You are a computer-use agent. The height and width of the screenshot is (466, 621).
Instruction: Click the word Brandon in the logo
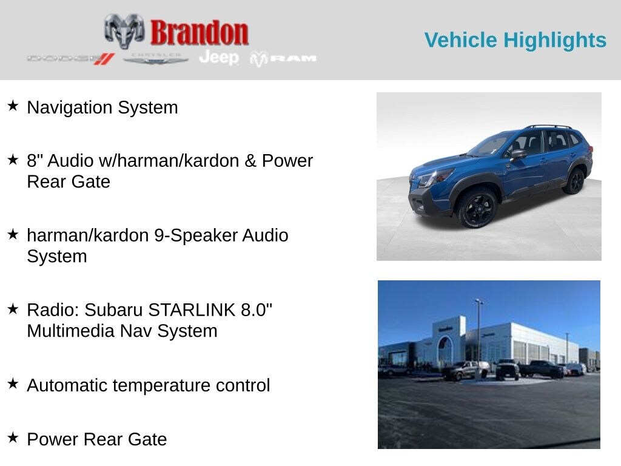tap(199, 33)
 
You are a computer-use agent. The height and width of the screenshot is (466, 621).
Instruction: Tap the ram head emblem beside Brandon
tap(124, 31)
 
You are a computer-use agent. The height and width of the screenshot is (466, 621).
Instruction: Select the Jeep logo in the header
tap(219, 58)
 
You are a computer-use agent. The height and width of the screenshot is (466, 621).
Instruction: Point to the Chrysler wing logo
tap(155, 59)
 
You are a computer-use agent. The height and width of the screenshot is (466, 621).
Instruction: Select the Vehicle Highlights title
tap(515, 40)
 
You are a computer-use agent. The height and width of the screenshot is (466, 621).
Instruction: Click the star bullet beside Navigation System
tap(13, 106)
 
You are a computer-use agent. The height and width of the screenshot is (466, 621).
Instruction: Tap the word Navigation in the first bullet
tap(69, 108)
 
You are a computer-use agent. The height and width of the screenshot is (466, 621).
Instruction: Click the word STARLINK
tap(192, 310)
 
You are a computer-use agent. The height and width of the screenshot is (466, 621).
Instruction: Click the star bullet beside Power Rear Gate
tap(13, 438)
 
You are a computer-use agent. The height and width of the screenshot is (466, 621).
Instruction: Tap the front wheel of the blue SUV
tap(477, 208)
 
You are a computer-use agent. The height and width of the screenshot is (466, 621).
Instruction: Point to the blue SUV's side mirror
tap(518, 154)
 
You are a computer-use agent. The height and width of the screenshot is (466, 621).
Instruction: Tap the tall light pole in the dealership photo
tap(479, 337)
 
